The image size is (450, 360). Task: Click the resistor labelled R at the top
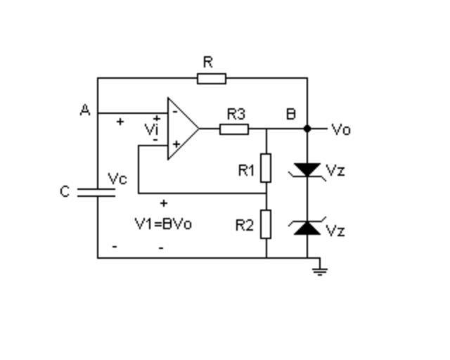(212, 78)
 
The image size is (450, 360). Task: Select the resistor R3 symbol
(234, 129)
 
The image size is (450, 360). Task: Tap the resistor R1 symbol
(266, 169)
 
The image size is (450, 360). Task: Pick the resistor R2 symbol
(266, 224)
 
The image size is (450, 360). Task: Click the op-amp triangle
(181, 129)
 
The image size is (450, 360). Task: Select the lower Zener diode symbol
(307, 226)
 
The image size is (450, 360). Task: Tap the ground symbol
(320, 268)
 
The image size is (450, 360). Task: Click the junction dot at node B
(307, 129)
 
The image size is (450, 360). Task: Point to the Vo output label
(341, 129)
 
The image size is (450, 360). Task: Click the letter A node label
(85, 110)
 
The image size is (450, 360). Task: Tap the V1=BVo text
(163, 224)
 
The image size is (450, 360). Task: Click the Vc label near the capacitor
(117, 179)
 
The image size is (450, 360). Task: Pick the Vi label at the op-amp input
(151, 129)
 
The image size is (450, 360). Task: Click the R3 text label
(236, 113)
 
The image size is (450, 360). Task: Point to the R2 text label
(245, 225)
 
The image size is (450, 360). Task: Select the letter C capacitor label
(65, 192)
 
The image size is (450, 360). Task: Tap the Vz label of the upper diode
(335, 171)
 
